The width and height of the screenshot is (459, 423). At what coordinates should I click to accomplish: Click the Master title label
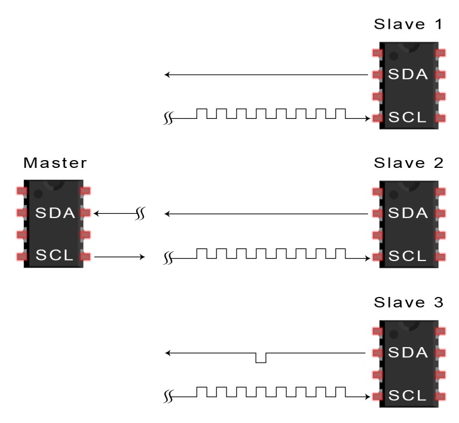55,163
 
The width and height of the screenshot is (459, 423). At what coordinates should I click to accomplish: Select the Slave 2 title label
408,163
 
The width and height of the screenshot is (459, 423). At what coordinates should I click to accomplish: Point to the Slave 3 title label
408,302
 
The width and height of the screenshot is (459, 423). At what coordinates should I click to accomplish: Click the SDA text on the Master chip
54,213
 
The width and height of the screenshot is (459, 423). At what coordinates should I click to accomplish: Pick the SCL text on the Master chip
54,256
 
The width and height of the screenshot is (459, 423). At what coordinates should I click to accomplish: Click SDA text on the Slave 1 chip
408,75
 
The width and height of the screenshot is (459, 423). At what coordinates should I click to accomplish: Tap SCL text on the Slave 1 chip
408,117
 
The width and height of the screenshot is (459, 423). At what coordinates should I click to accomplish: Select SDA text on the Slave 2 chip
408,213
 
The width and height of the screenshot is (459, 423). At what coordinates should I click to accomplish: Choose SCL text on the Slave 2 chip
408,256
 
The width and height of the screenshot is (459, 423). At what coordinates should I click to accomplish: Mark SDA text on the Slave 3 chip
408,352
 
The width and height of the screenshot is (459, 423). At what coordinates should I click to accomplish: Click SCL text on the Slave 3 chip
408,395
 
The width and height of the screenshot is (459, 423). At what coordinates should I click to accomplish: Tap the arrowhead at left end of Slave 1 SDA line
168,75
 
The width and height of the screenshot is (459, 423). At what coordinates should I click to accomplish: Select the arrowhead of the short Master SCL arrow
142,257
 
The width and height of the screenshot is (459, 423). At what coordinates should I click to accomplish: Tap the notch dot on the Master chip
38,194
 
